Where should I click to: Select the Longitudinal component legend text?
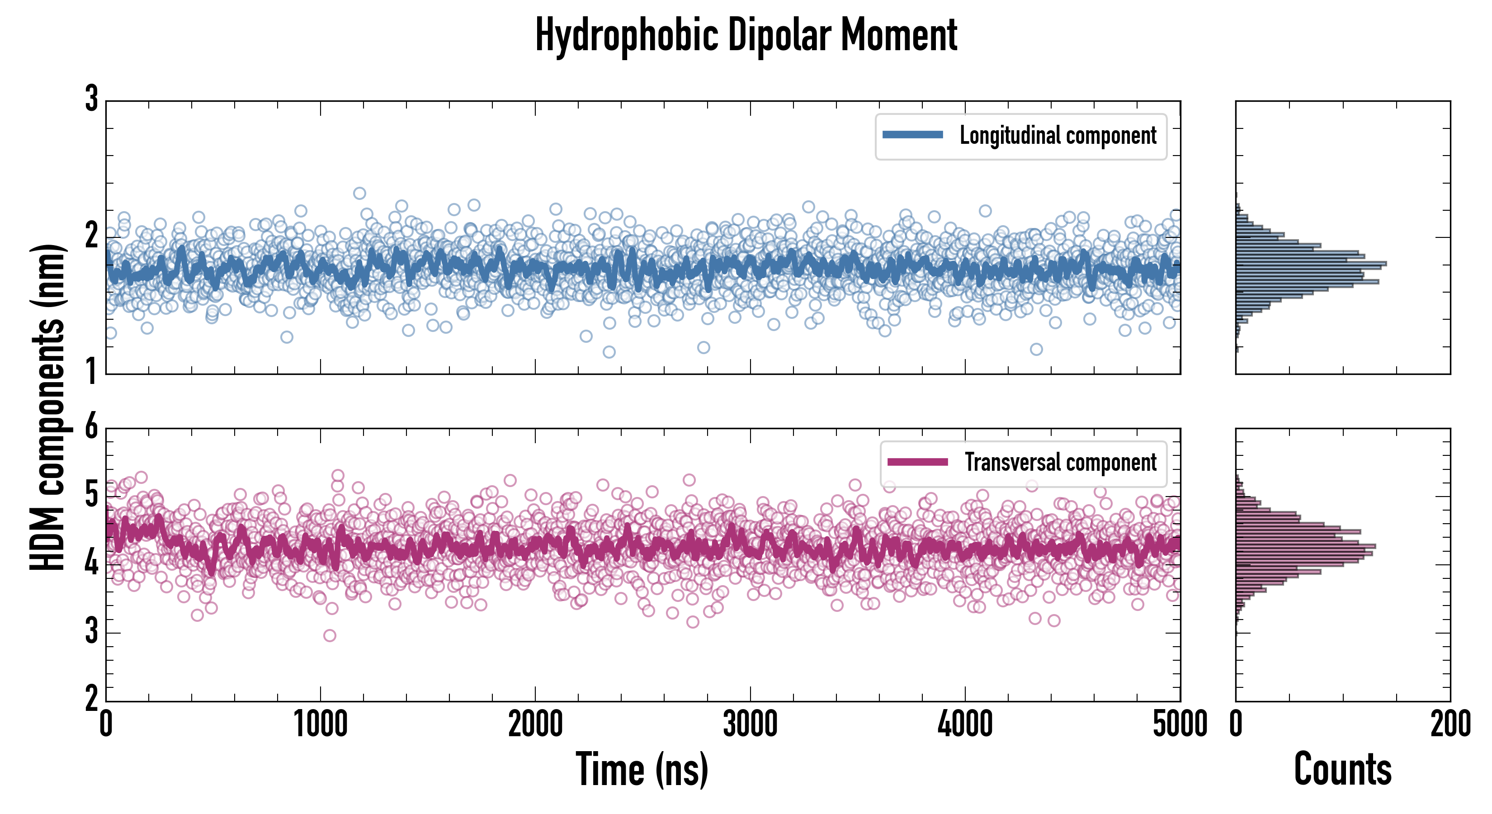point(1058,136)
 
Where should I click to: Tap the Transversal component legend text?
point(1060,462)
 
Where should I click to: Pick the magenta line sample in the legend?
point(917,462)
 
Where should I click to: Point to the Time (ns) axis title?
point(642,769)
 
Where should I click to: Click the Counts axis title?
point(1342,769)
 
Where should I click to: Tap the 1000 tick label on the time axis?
point(320,724)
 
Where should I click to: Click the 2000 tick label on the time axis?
point(535,724)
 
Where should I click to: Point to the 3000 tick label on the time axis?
point(750,724)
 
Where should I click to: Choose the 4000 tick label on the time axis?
point(965,724)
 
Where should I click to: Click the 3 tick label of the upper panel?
point(91,99)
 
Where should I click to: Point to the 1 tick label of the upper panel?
point(91,371)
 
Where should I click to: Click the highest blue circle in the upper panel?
point(360,194)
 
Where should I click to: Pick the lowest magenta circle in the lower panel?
point(330,635)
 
